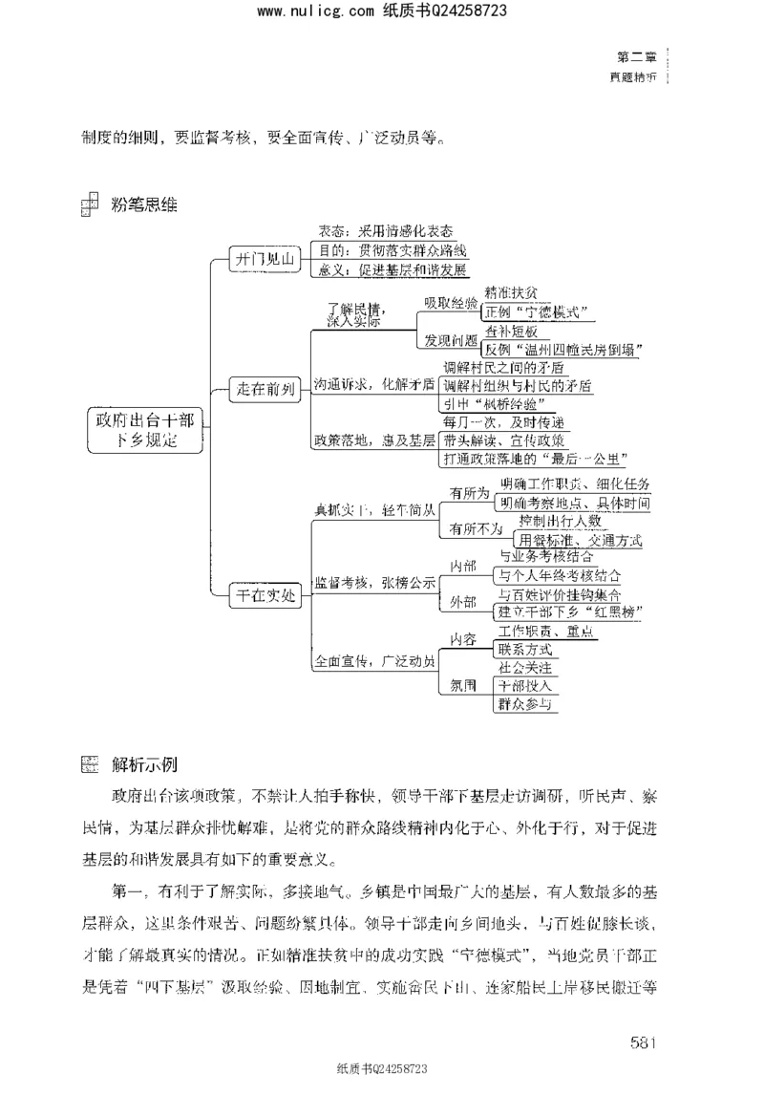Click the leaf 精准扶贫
tap(517, 292)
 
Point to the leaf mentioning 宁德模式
tap(536, 311)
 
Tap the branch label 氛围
tap(462, 685)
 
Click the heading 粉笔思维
tap(145, 204)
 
